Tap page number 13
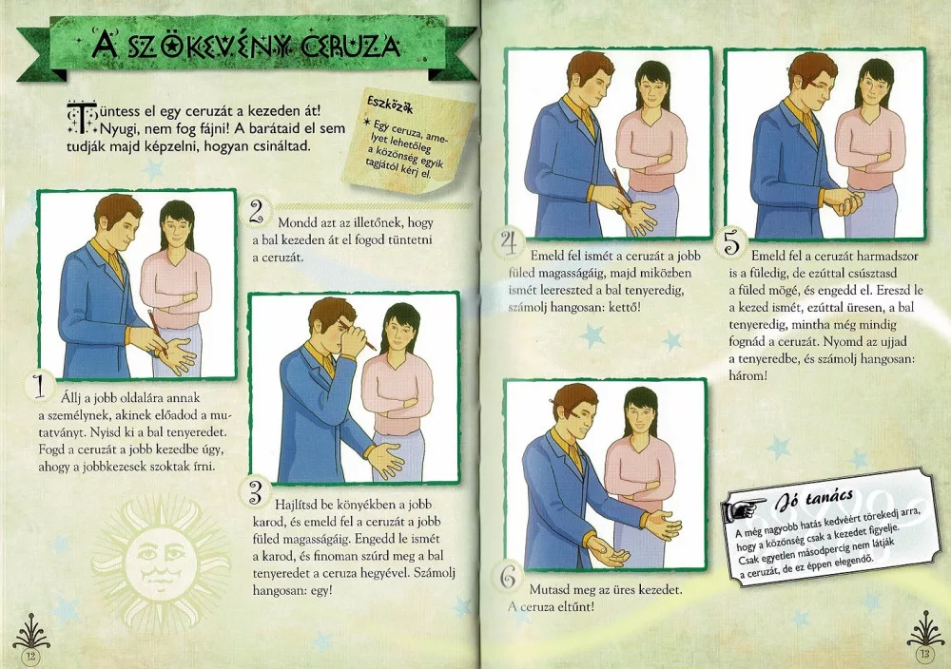click(923, 653)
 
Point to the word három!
click(748, 375)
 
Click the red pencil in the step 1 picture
click(157, 332)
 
